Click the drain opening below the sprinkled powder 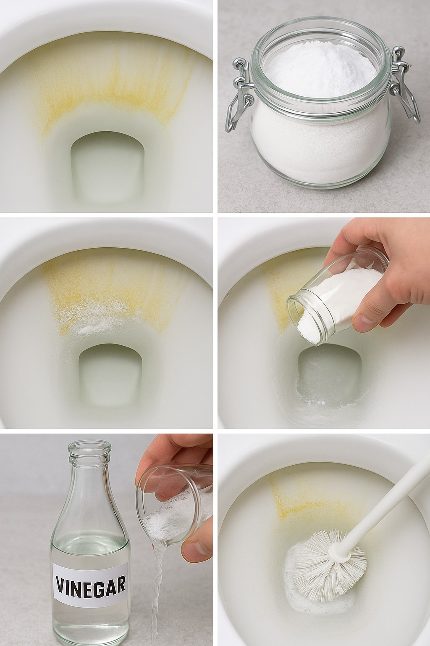coord(111,377)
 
